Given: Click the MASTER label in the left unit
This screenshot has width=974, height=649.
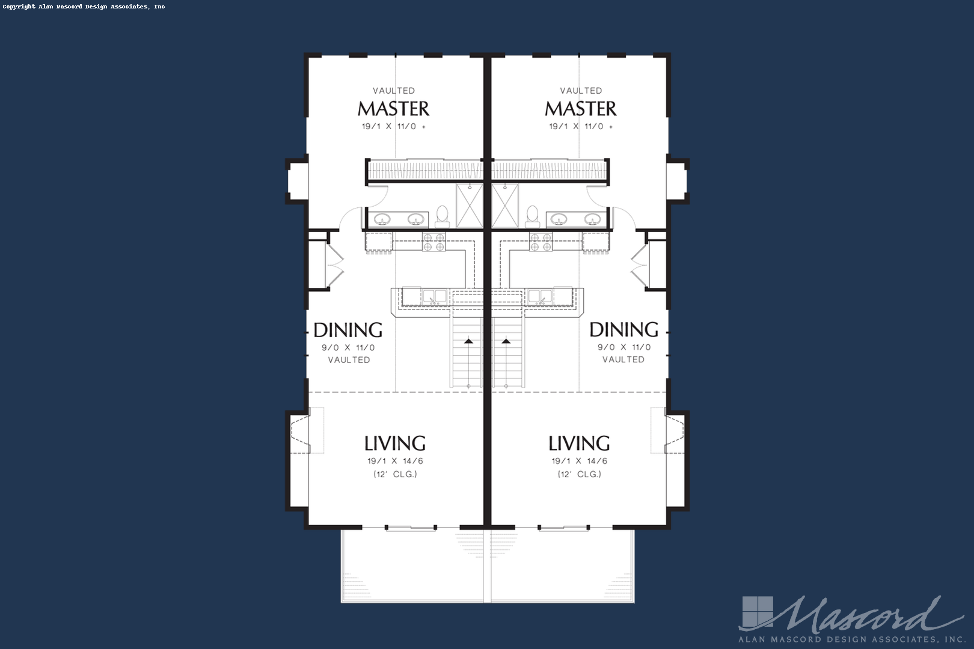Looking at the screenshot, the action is click(x=394, y=109).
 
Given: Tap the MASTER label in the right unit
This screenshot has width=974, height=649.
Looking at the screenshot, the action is click(x=581, y=109).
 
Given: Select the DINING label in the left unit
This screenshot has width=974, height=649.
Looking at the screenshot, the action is click(x=348, y=330).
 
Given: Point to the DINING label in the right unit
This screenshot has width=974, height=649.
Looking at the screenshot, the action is click(x=623, y=329).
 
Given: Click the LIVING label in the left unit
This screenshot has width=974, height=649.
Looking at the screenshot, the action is click(x=395, y=443).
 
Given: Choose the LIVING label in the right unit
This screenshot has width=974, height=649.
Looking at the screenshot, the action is click(x=579, y=443).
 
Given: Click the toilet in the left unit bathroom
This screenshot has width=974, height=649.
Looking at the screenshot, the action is click(x=443, y=216).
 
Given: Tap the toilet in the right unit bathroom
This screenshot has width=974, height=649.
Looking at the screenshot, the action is click(x=532, y=216).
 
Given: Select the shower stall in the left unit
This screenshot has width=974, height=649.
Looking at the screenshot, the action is click(x=470, y=206).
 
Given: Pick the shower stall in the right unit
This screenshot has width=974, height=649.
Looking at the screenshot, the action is click(x=505, y=206).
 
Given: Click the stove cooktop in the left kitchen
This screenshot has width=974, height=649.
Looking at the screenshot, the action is click(x=433, y=242).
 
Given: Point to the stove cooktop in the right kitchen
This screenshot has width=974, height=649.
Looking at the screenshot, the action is click(x=541, y=242).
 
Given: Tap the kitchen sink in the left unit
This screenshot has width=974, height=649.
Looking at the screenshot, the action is click(x=435, y=296).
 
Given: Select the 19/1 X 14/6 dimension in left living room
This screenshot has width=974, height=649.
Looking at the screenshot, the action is click(x=395, y=461).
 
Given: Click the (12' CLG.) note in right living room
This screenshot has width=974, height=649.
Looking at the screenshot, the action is click(x=580, y=474).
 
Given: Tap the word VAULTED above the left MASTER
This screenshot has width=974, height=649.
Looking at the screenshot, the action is click(x=394, y=90).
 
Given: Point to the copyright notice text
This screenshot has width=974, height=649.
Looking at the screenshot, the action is click(x=84, y=7).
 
